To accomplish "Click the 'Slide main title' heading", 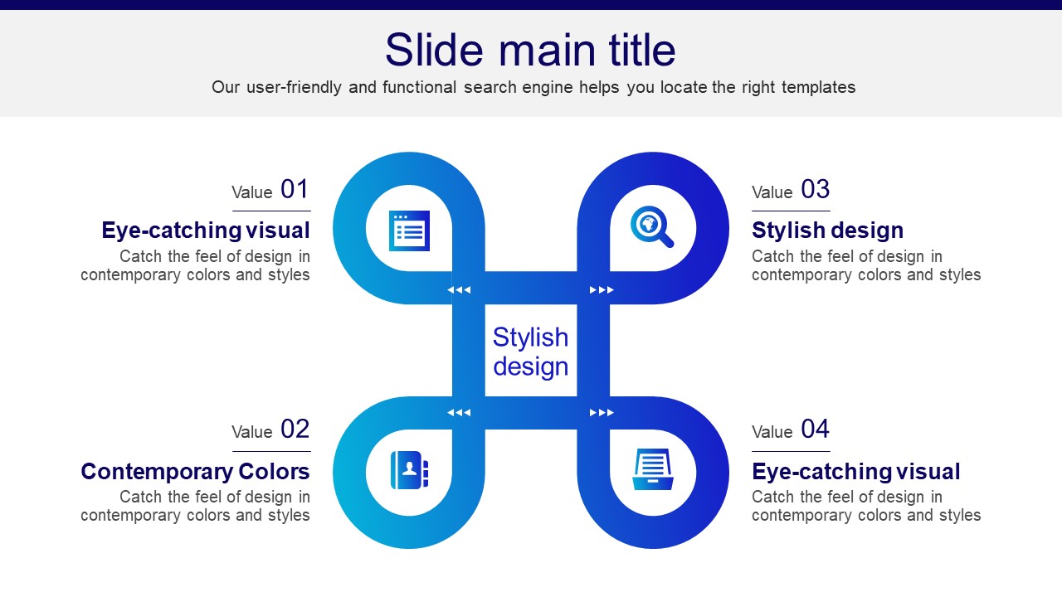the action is (x=530, y=50).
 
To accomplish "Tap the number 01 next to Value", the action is (x=295, y=189).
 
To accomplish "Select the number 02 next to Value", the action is (x=295, y=429).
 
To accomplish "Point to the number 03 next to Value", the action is (x=815, y=189).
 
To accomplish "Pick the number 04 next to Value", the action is (x=815, y=429).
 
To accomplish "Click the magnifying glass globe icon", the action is (x=652, y=226).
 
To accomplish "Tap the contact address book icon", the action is (x=410, y=470).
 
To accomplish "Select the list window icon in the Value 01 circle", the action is (x=409, y=231).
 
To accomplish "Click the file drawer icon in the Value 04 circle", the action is (x=653, y=469).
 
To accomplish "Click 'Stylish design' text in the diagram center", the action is (x=530, y=352).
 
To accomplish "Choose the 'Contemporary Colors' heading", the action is (x=195, y=472).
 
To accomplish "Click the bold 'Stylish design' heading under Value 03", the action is (x=827, y=231).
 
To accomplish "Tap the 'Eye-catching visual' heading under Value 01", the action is (x=206, y=231).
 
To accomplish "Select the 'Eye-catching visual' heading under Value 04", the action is (x=855, y=472).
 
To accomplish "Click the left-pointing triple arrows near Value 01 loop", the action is (x=459, y=289).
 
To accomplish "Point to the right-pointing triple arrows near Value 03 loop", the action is (x=602, y=289).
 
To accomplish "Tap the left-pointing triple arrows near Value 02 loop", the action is (x=459, y=413).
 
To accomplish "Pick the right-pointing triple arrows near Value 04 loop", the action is (x=602, y=413).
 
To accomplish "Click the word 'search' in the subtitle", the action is (x=490, y=87).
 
